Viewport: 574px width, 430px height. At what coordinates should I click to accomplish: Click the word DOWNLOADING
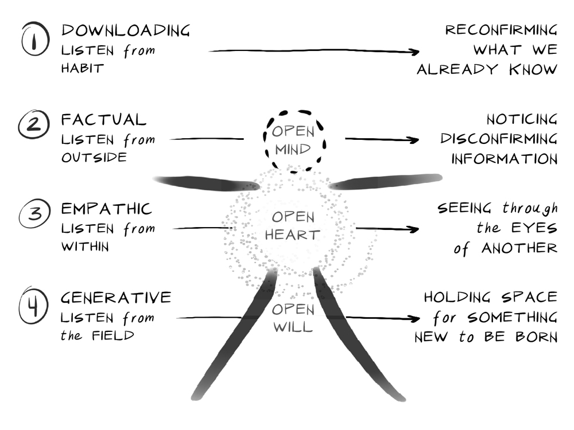click(125, 30)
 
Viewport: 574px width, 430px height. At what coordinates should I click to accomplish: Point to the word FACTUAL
click(104, 120)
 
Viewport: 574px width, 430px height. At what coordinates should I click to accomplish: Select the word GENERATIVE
click(116, 298)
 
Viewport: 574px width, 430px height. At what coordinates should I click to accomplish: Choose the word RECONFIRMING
click(501, 30)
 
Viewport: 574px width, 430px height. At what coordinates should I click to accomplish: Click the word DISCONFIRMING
click(499, 139)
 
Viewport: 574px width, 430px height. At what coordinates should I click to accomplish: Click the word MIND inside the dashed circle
click(293, 150)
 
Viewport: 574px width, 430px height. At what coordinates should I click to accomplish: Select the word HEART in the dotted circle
click(293, 235)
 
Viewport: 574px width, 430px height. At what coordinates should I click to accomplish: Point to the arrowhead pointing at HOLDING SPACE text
click(414, 319)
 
